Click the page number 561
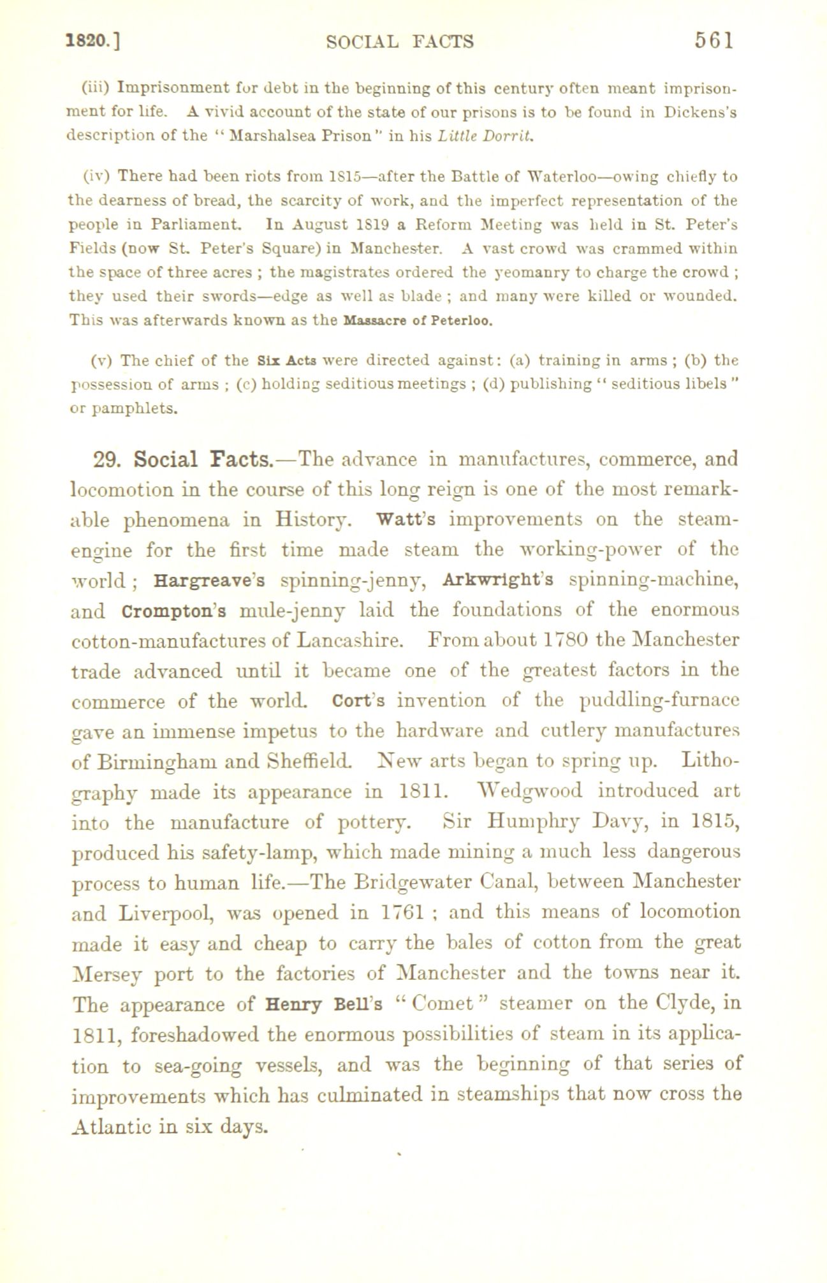tap(715, 41)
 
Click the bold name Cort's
tap(358, 701)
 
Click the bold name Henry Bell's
tap(327, 1004)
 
